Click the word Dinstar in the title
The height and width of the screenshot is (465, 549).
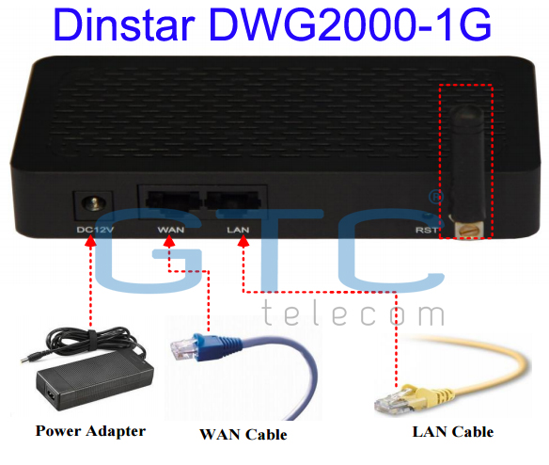tap(124, 24)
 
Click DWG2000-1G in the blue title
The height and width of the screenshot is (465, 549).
tap(350, 24)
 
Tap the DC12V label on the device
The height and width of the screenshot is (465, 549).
tap(95, 230)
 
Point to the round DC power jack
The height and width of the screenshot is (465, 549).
tap(93, 203)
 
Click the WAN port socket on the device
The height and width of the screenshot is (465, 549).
tap(172, 200)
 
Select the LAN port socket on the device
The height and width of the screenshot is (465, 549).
tap(233, 200)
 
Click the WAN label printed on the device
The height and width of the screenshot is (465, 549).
tap(170, 230)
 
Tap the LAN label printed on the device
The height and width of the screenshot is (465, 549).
tap(238, 230)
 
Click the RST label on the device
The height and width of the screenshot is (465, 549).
tap(427, 230)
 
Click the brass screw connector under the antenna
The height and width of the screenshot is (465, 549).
tap(469, 230)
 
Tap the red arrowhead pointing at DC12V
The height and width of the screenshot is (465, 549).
tap(90, 241)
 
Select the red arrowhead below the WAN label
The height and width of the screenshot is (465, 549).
tap(169, 241)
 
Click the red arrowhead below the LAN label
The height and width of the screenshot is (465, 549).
tap(243, 241)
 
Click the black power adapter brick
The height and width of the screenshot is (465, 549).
tap(95, 381)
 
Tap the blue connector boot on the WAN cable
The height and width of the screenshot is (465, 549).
tap(211, 346)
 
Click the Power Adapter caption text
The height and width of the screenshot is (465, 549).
tap(90, 431)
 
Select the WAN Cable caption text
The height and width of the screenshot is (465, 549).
tap(243, 435)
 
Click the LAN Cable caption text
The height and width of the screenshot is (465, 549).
tap(453, 432)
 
